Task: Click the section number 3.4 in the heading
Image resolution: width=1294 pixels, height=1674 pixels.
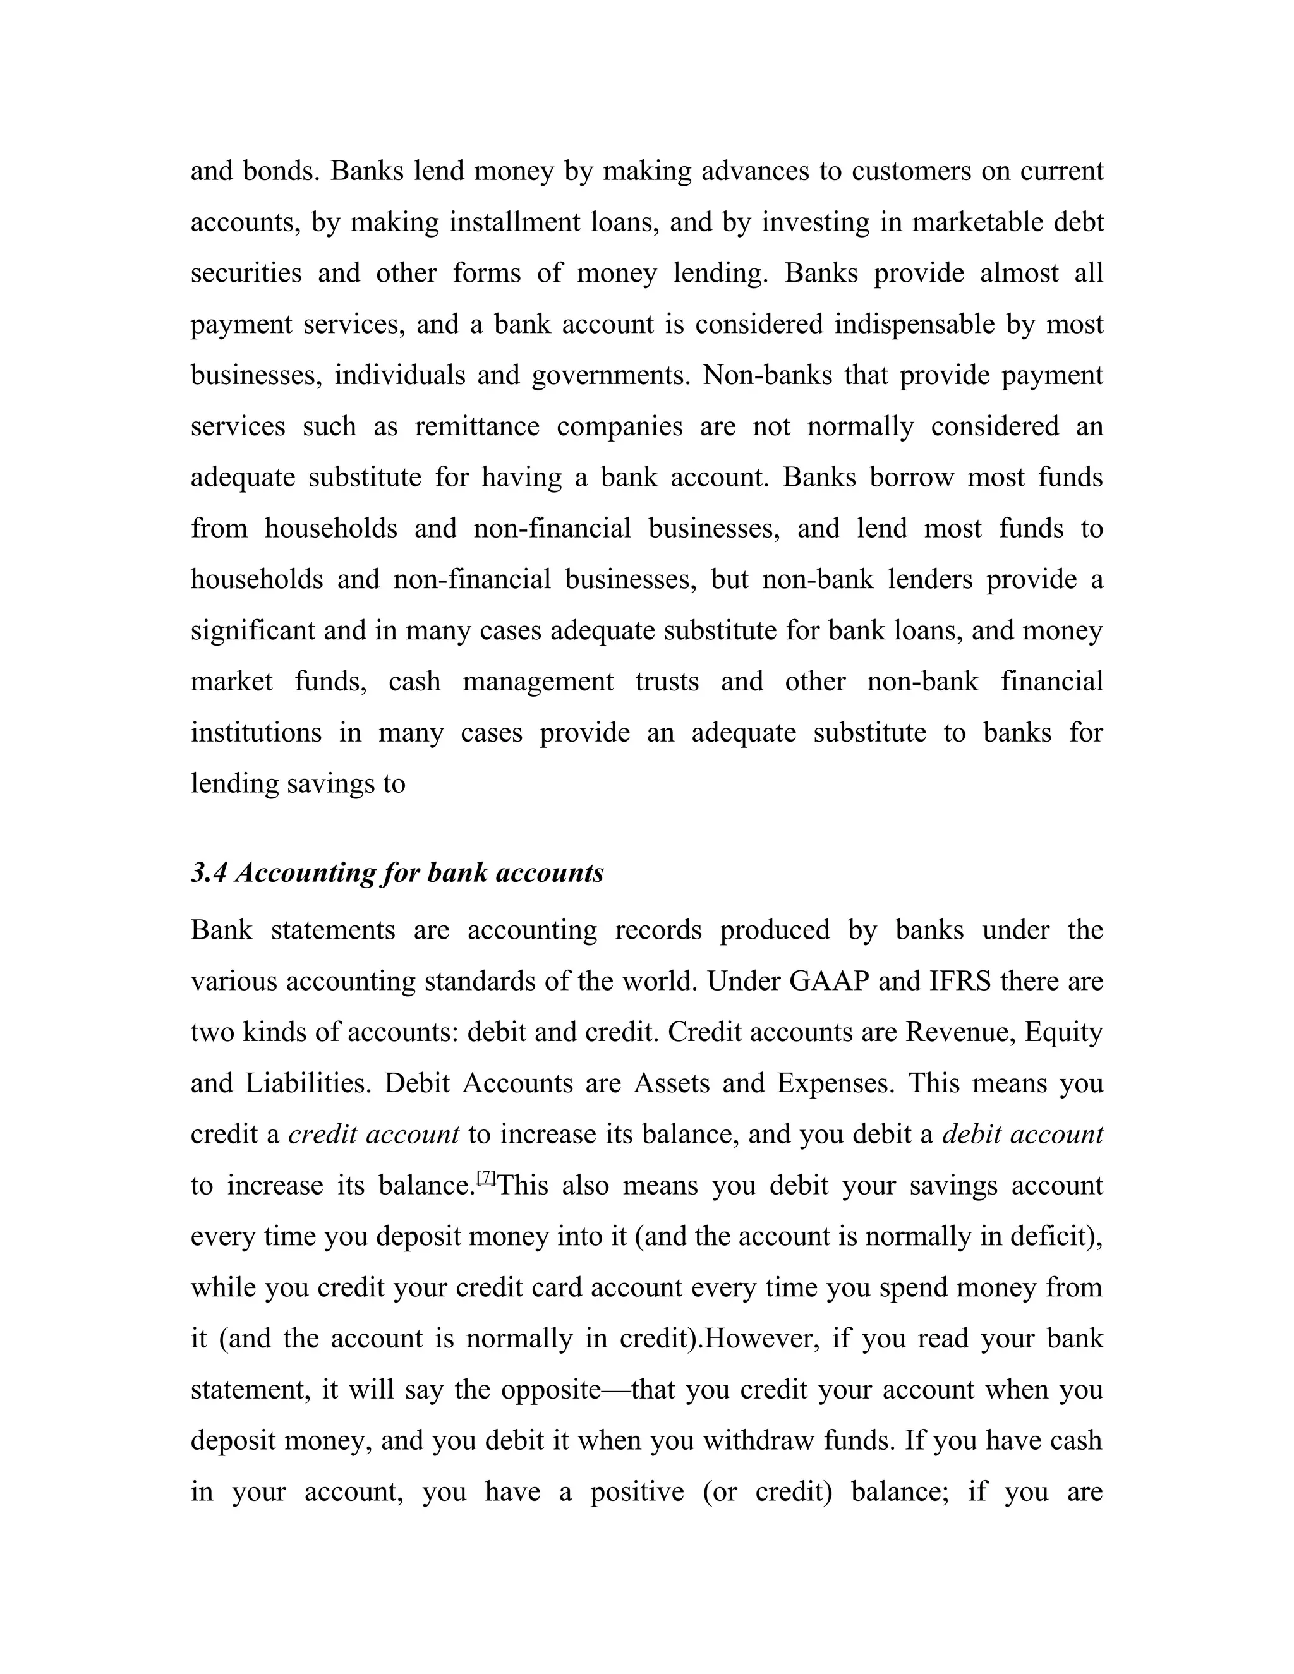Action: [x=208, y=873]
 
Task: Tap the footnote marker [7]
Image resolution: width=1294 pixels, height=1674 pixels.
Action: [x=487, y=1177]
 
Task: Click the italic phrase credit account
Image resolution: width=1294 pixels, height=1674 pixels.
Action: [x=373, y=1135]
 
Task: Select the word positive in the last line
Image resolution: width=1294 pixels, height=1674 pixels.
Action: [x=636, y=1491]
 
